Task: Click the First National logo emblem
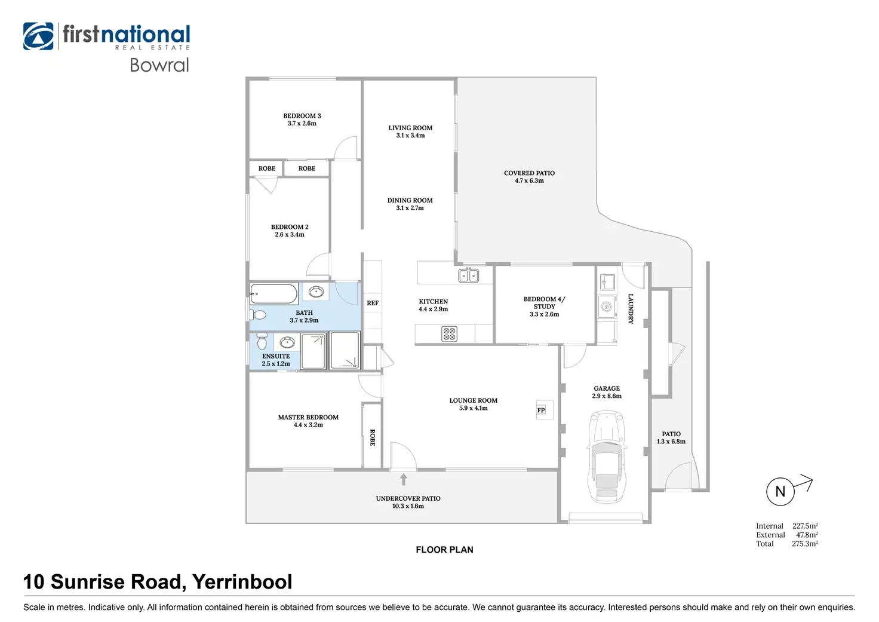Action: click(x=38, y=36)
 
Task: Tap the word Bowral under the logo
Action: click(x=159, y=65)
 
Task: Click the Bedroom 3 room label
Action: click(x=302, y=116)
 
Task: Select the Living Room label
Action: click(x=410, y=128)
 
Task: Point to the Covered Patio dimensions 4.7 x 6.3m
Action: click(x=529, y=181)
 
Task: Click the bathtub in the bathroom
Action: click(x=273, y=294)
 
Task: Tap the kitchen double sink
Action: click(x=468, y=275)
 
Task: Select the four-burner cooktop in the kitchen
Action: click(x=449, y=334)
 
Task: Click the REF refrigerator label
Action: click(x=373, y=304)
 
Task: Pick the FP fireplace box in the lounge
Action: click(x=541, y=410)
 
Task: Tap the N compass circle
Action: click(x=780, y=492)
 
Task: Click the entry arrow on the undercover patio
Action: click(x=404, y=479)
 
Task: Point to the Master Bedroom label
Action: click(x=308, y=418)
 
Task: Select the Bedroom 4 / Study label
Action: click(x=544, y=302)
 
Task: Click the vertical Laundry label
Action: click(x=631, y=308)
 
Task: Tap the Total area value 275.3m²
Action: click(x=805, y=544)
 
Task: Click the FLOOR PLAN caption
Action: click(x=444, y=550)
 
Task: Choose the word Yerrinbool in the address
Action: click(x=242, y=582)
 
